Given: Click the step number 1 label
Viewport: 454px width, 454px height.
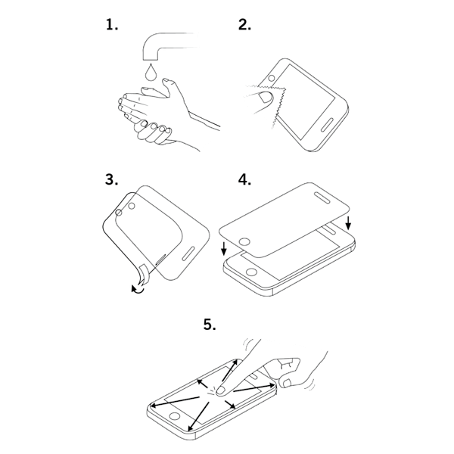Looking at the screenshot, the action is tap(112, 25).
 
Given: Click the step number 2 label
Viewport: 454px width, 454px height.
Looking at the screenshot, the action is tap(244, 25).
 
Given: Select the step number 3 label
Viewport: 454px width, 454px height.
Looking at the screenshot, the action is tap(112, 179).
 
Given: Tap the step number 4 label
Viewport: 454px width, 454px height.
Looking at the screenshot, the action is tap(244, 179).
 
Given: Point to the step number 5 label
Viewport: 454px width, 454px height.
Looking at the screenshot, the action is tap(210, 325).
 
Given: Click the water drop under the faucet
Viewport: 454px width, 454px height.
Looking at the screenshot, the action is tap(151, 72).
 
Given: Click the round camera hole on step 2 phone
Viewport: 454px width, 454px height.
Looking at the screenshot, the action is tap(272, 78).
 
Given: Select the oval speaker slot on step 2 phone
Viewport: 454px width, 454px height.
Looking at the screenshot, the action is tap(328, 125).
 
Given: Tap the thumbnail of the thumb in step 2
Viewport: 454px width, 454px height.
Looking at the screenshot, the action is tap(266, 97).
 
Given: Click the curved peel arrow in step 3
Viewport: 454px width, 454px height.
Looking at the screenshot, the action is tap(138, 289).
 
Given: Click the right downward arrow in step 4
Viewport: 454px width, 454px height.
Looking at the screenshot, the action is tap(348, 223).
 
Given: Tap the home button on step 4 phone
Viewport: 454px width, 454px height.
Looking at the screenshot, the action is tap(251, 272).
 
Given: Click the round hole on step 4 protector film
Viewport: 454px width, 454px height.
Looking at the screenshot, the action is tap(245, 242).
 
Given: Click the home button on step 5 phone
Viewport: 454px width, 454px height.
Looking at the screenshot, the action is tap(174, 416).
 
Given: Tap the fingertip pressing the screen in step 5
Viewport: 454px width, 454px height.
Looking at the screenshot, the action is tap(222, 390).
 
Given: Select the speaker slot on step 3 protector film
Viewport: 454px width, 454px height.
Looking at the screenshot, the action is tap(189, 253).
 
